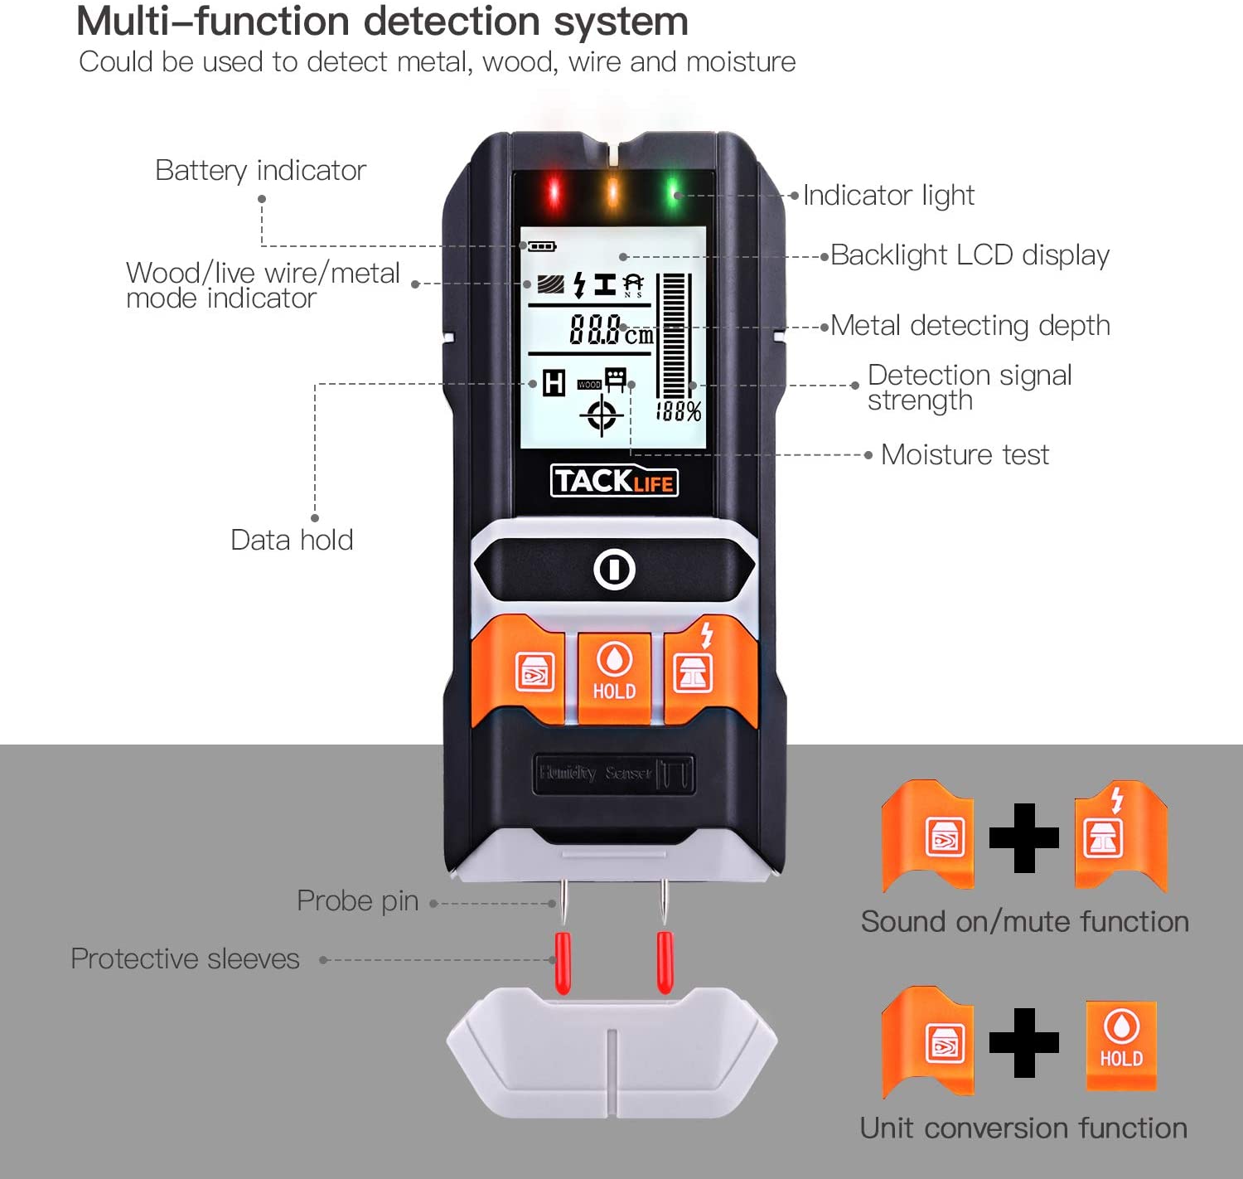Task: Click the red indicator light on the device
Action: pyautogui.click(x=554, y=193)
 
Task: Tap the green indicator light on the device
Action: pyautogui.click(x=674, y=193)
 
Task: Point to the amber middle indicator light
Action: pyautogui.click(x=613, y=192)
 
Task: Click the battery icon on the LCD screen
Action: pyautogui.click(x=542, y=246)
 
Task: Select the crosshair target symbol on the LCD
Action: pyautogui.click(x=602, y=415)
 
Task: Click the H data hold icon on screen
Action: pyautogui.click(x=554, y=383)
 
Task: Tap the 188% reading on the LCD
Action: pyautogui.click(x=679, y=411)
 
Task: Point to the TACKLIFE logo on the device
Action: pyautogui.click(x=614, y=481)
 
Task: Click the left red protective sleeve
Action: pyautogui.click(x=563, y=962)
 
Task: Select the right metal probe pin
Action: pyautogui.click(x=663, y=901)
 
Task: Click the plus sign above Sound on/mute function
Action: pyautogui.click(x=1024, y=838)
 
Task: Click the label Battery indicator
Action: pyautogui.click(x=260, y=170)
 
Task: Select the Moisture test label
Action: pyautogui.click(x=965, y=454)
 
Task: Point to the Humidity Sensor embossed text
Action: pyautogui.click(x=595, y=773)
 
